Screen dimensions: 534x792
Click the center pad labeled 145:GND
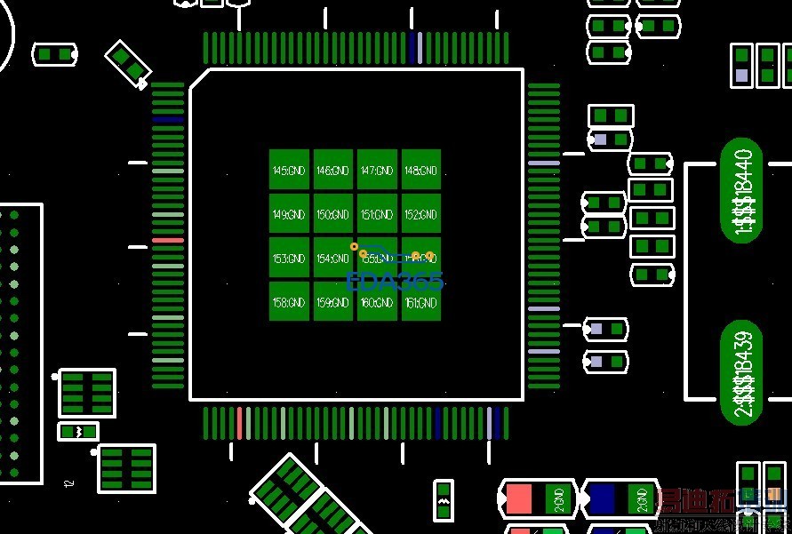[289, 170]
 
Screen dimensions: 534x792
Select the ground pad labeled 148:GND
[421, 170]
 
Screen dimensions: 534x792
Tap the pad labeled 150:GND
[333, 214]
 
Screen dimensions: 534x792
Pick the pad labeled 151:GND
[377, 214]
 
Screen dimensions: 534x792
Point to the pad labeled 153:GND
[289, 259]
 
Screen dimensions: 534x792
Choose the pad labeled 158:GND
[289, 302]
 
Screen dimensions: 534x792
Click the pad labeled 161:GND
[421, 302]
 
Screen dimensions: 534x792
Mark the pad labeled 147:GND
[377, 170]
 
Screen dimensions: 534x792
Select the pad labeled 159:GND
[333, 302]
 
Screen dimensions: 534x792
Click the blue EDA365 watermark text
[394, 282]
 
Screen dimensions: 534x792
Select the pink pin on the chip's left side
[167, 241]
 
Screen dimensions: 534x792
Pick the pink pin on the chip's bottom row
[239, 423]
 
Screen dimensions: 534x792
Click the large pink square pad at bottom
[518, 498]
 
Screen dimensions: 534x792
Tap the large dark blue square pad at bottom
[602, 498]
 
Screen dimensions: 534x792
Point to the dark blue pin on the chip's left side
[167, 119]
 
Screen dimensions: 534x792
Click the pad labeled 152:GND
[421, 214]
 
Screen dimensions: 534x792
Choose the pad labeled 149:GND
[289, 214]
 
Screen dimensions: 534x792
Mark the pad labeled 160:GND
[377, 302]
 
